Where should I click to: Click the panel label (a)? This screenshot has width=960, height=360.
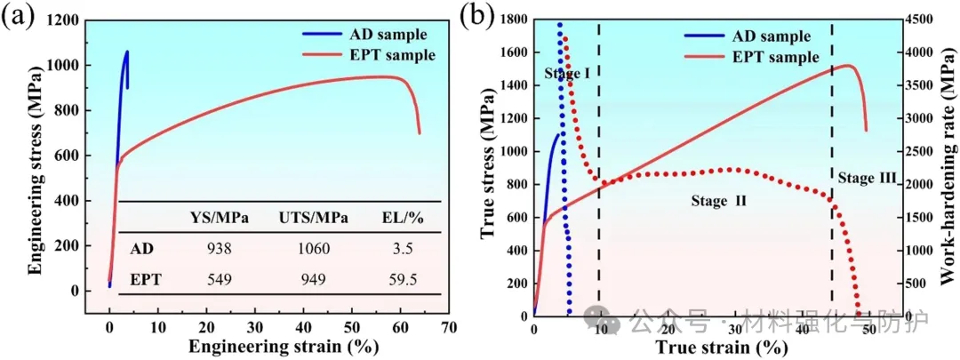[x=20, y=17]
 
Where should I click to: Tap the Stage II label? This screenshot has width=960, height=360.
[x=718, y=201]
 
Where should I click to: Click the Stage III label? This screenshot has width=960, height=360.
[x=868, y=179]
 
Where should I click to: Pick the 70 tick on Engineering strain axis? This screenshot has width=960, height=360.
[x=449, y=326]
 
